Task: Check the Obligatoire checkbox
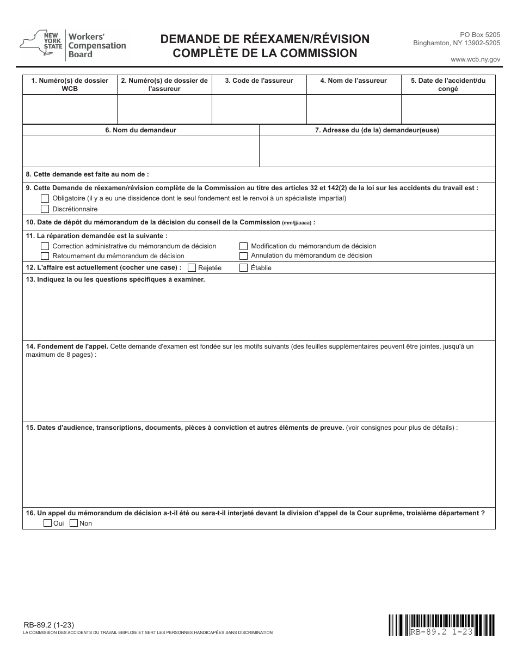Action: pos(45,198)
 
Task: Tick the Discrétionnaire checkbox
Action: pos(45,209)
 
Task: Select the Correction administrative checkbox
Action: pos(45,246)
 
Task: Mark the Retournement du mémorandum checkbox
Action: pos(45,255)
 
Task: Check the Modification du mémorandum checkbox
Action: pos(244,246)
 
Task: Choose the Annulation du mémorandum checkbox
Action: pos(244,255)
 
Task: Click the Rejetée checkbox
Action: pos(192,267)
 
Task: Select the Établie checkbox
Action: pos(244,267)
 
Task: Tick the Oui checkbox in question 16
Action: pos(47,523)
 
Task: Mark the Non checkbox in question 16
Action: pos(73,523)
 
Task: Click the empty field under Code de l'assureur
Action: pos(259,109)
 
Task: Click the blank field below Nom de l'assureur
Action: pos(354,109)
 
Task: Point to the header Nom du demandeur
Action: pos(140,130)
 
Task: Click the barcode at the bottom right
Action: pos(441,625)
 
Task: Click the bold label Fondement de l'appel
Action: pos(67,346)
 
